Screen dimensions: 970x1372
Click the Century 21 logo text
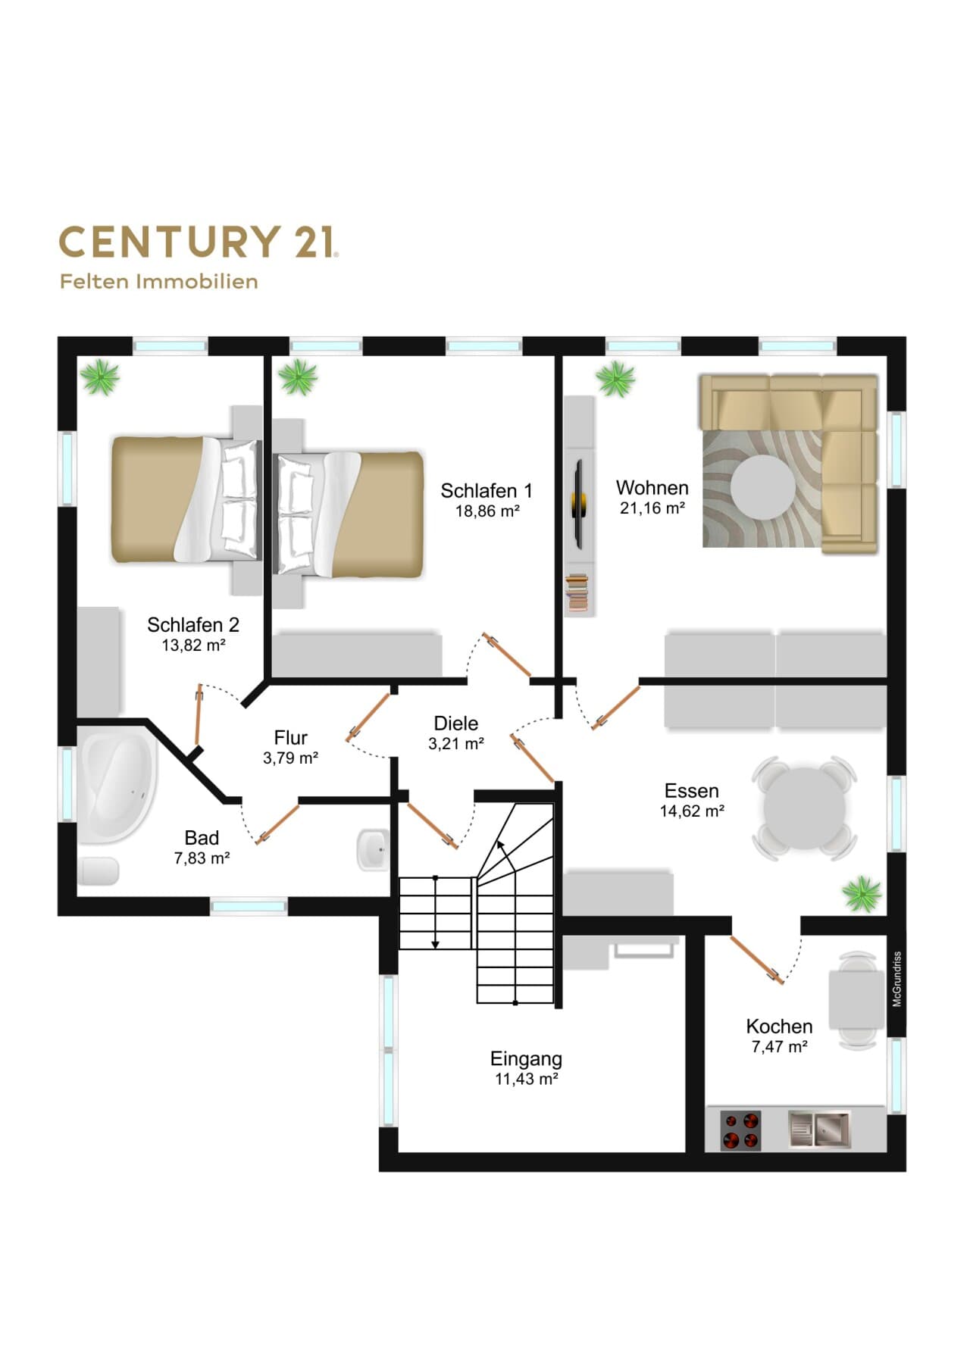coord(199,242)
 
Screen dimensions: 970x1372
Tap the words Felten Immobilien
coord(159,282)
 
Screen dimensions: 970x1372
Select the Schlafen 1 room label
coord(487,491)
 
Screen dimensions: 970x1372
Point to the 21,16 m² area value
coord(652,508)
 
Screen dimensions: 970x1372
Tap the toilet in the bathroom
coord(99,871)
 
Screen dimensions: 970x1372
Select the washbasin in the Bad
coord(373,850)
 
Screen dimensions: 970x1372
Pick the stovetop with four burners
coord(740,1130)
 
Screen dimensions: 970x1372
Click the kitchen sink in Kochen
coord(819,1129)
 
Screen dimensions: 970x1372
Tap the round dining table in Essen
coord(805,808)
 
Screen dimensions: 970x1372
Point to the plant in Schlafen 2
coord(100,377)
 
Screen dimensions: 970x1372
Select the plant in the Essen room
coord(862,893)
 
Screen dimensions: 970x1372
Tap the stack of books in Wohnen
coord(577,592)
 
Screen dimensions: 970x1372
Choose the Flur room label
coord(291,738)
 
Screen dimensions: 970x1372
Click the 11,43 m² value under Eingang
coord(527,1079)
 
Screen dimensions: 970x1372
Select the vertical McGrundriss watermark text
coord(897,979)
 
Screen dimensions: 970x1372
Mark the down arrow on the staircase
coord(436,912)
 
